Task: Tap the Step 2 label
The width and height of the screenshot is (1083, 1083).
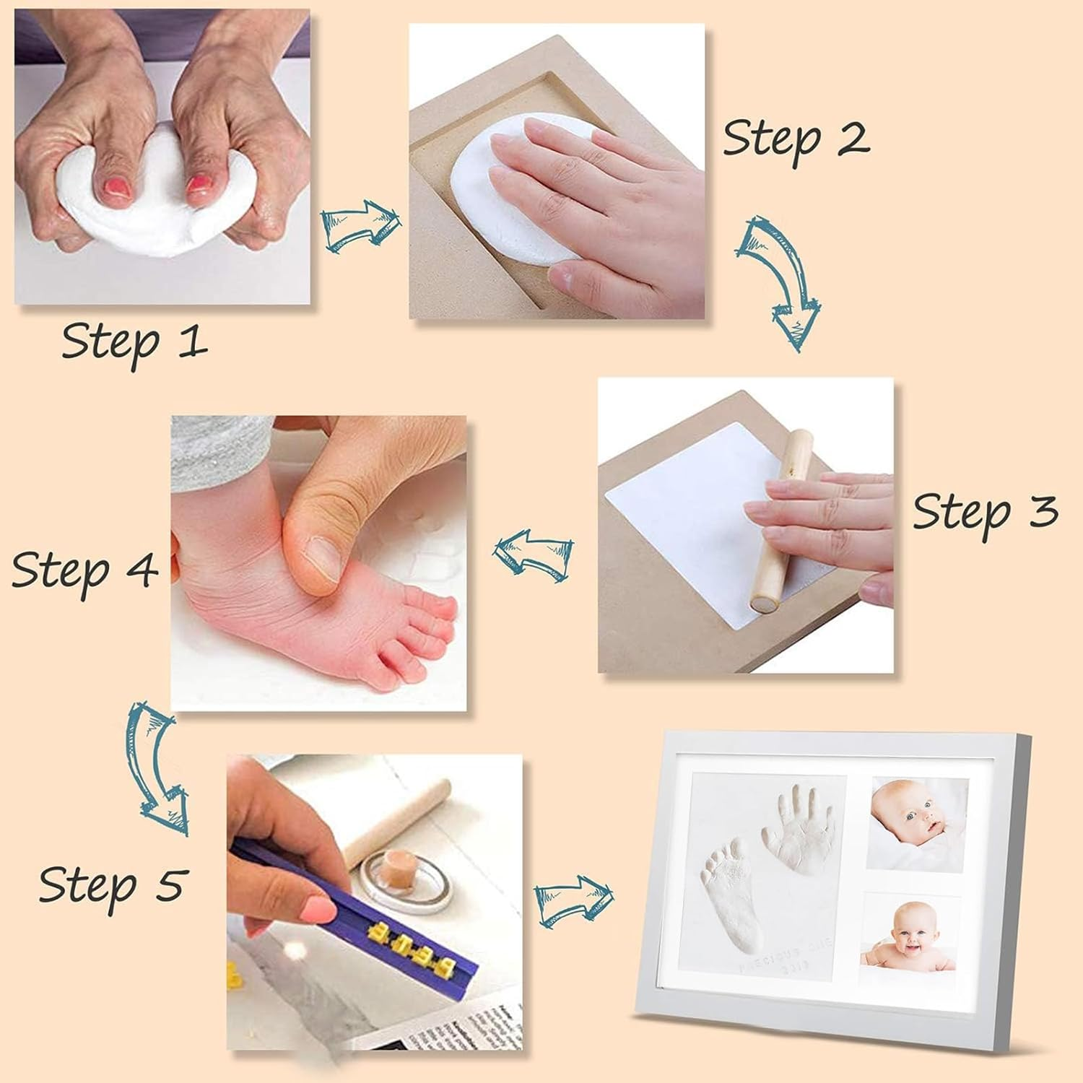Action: (796, 139)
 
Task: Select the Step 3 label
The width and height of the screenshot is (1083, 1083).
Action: (985, 512)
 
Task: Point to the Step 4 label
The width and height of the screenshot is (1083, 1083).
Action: (84, 570)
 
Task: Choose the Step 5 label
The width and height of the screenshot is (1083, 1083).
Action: (113, 884)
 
